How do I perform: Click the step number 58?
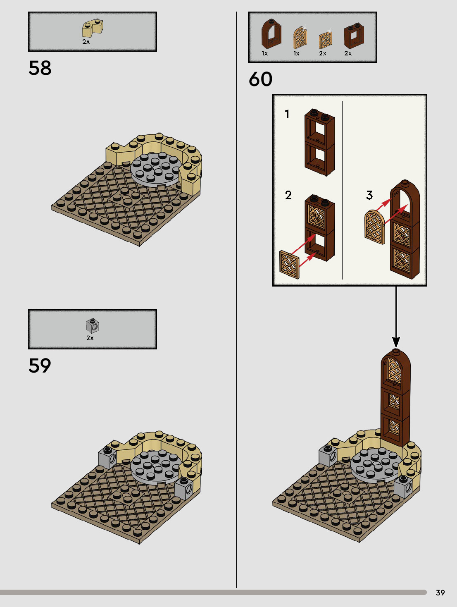[40, 68]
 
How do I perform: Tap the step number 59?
[40, 366]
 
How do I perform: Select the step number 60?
[260, 79]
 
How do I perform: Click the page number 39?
[440, 593]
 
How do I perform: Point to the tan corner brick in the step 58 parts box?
[92, 29]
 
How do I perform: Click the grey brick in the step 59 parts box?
[92, 326]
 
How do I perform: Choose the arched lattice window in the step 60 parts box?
[300, 38]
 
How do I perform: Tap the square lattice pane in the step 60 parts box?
[325, 40]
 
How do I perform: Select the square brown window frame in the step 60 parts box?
[354, 36]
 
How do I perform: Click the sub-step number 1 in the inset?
[287, 114]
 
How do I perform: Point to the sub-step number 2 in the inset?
[288, 195]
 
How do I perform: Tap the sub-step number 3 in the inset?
[369, 195]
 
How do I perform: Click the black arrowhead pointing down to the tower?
[396, 342]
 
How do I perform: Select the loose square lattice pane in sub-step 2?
[289, 264]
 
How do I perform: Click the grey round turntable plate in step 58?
[156, 169]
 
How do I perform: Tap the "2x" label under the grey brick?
[90, 338]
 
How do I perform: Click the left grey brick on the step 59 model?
[107, 457]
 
